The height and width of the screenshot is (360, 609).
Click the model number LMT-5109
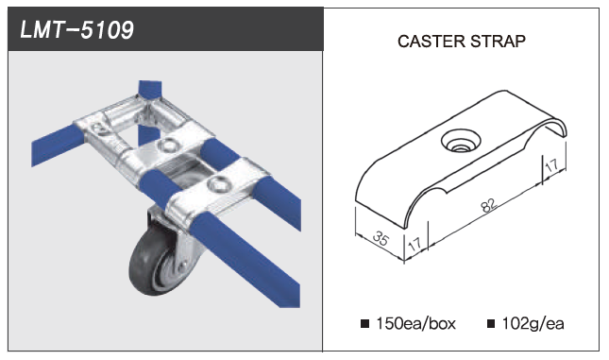[x=76, y=29]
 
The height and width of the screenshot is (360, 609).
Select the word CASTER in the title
[x=431, y=42]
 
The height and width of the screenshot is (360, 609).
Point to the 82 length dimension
[x=488, y=205]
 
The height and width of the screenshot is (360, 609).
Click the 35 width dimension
[x=380, y=238]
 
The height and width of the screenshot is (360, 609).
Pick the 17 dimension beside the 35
[x=414, y=244]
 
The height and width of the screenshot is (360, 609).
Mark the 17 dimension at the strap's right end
[x=552, y=166]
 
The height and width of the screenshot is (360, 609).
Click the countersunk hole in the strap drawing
[x=461, y=141]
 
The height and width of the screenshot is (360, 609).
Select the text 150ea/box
[x=415, y=323]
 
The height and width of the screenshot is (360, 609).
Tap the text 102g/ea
[x=533, y=323]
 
